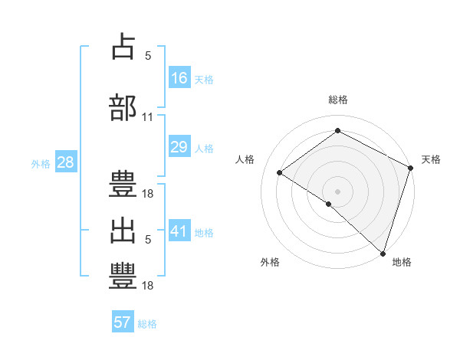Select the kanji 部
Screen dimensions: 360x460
click(x=123, y=106)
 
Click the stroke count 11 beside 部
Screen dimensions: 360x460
click(x=147, y=117)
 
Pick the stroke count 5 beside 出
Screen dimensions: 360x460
click(x=147, y=240)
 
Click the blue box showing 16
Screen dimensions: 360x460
click(x=179, y=77)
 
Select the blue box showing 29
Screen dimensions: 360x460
click(x=179, y=147)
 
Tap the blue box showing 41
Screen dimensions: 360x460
click(x=179, y=231)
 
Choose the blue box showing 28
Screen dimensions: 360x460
click(x=65, y=162)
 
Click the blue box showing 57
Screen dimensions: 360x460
click(x=123, y=322)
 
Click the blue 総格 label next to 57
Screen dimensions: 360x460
click(x=147, y=324)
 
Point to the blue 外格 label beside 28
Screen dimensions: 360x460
click(x=41, y=163)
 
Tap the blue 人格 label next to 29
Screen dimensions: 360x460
click(x=204, y=149)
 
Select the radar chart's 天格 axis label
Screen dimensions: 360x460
click(x=431, y=159)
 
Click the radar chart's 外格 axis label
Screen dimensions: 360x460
click(x=270, y=262)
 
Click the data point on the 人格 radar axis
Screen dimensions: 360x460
click(x=280, y=172)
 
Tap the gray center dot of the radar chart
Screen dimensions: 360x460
click(x=337, y=191)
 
